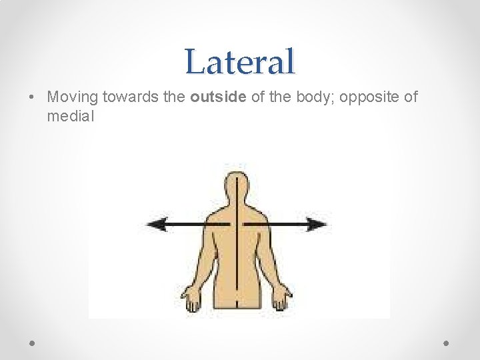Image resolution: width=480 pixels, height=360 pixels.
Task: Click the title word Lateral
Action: click(x=240, y=61)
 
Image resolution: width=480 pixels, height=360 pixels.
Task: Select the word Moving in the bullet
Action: click(x=73, y=97)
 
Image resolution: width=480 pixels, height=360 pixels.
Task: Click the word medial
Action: click(x=71, y=117)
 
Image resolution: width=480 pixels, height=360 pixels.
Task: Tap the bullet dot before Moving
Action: click(x=33, y=97)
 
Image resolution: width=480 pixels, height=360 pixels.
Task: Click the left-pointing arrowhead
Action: click(x=155, y=224)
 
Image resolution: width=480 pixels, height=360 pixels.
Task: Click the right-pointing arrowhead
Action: click(x=320, y=224)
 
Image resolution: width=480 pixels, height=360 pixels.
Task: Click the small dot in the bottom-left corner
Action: click(x=33, y=342)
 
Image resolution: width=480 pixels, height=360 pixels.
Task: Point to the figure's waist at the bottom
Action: click(x=237, y=303)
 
